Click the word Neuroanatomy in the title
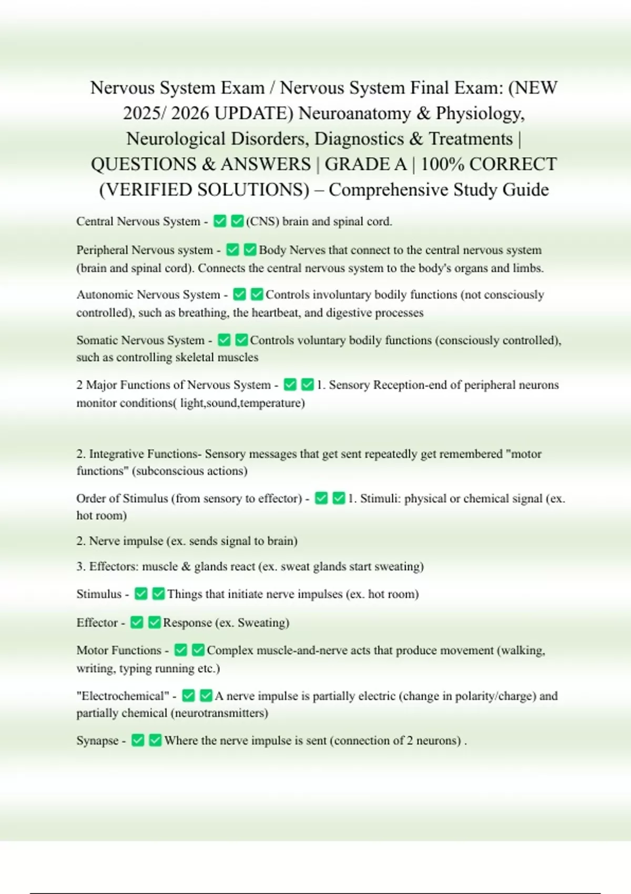(355, 114)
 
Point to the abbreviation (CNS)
(262, 221)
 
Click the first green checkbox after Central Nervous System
(220, 221)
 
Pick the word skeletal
(196, 358)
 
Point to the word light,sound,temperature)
(242, 403)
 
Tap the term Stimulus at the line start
(99, 594)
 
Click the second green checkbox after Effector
(154, 623)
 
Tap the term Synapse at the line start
(97, 741)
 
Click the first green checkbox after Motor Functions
(180, 651)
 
